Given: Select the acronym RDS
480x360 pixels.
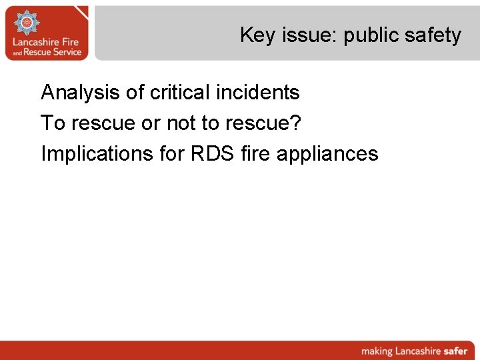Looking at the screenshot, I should click(213, 154).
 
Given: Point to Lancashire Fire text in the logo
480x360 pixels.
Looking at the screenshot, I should click(47, 41).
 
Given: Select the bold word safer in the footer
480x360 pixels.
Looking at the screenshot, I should click(453, 351).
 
